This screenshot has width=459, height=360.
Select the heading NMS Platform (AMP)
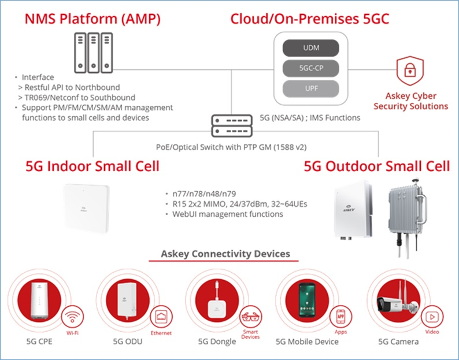[x=92, y=18]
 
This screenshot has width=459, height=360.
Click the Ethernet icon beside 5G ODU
[x=162, y=317]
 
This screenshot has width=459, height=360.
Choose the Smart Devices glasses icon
[x=250, y=317]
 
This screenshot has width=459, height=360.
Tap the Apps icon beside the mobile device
[x=340, y=317]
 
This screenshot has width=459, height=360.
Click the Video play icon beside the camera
[x=431, y=317]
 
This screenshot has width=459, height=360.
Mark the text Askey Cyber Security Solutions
[x=410, y=101]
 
